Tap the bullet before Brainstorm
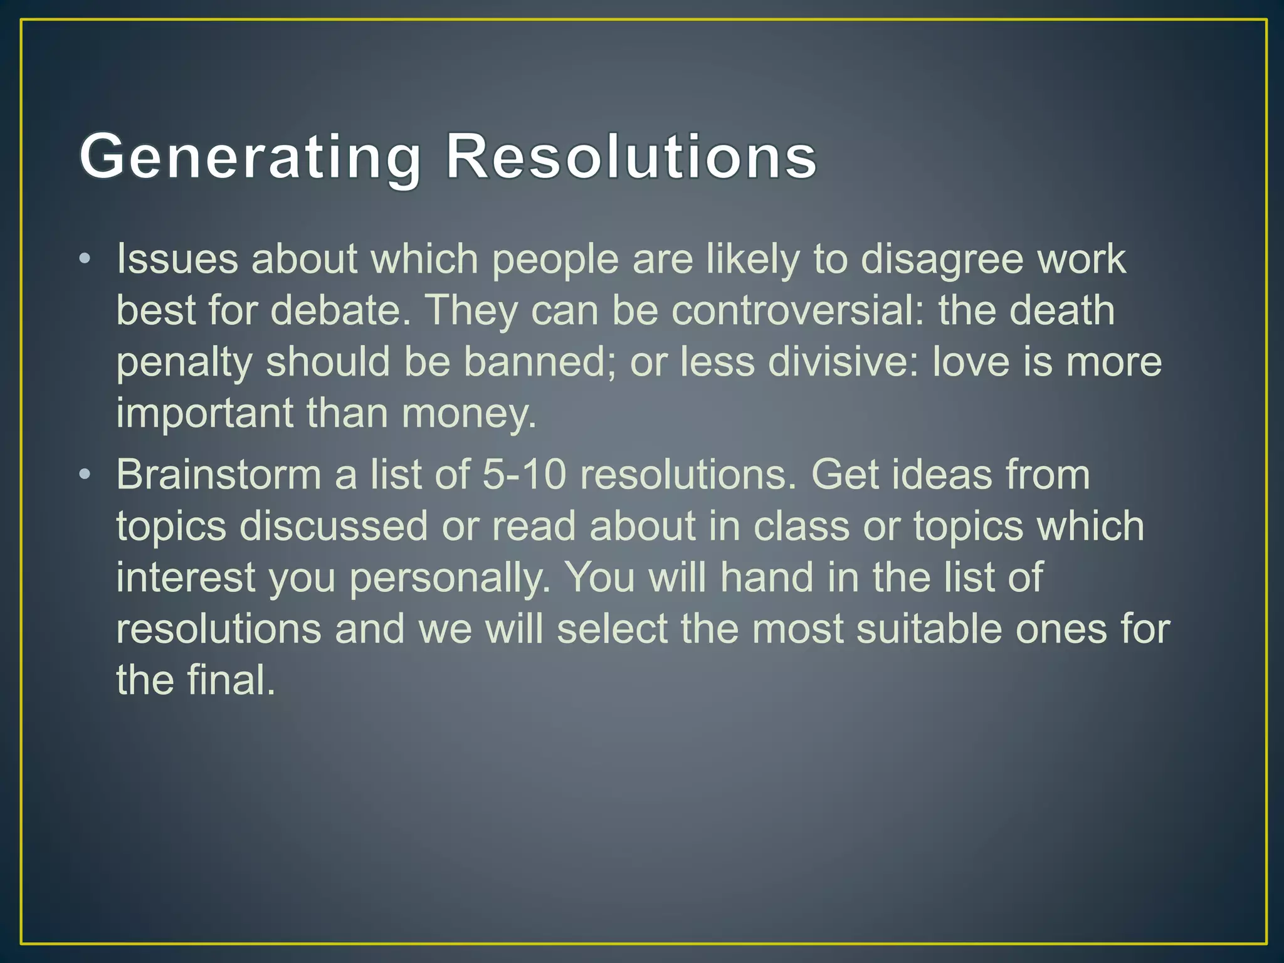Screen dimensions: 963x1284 pos(86,474)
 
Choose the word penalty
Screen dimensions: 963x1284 pos(184,363)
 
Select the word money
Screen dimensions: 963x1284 pos(468,414)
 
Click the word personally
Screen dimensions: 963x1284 pos(450,577)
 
